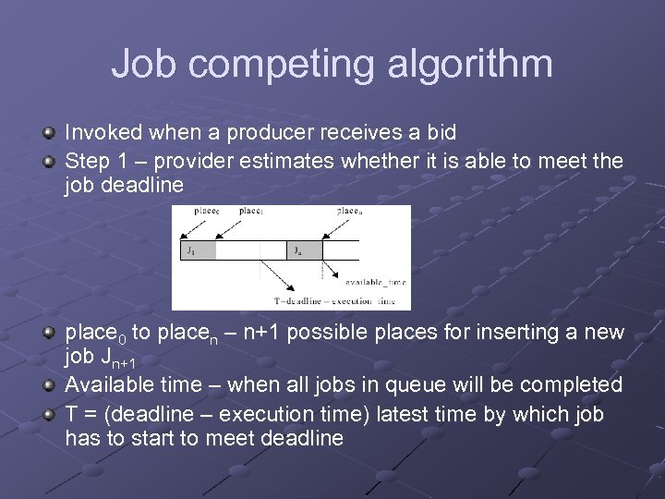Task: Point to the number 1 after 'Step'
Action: click(x=126, y=161)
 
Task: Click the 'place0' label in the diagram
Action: click(x=207, y=211)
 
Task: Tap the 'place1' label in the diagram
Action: click(x=251, y=211)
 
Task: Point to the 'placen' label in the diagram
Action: click(x=348, y=211)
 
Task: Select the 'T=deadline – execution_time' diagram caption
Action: click(x=334, y=300)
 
